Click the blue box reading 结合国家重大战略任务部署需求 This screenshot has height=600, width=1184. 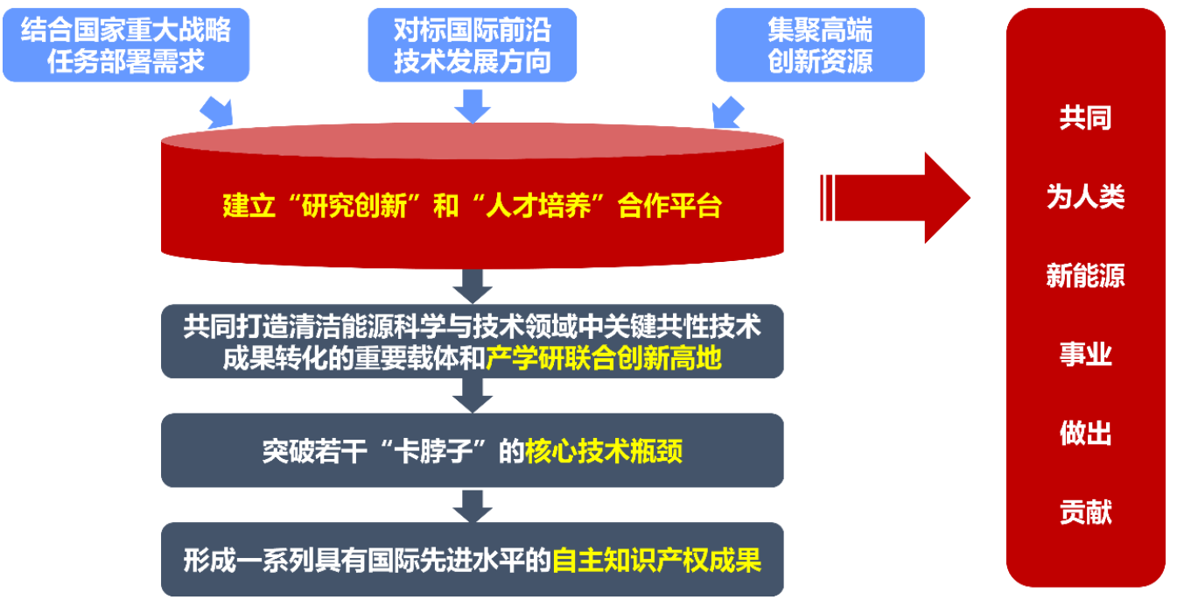(126, 45)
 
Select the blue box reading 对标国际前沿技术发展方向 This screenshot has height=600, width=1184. (472, 45)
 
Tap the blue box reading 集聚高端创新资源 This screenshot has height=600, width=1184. (820, 45)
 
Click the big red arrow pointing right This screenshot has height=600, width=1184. (895, 198)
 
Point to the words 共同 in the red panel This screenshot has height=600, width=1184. (1085, 117)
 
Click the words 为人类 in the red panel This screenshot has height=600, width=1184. (1085, 196)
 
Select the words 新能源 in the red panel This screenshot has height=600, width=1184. (1085, 275)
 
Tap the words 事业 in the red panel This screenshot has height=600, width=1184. (1085, 354)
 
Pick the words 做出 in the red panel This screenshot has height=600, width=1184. (1085, 433)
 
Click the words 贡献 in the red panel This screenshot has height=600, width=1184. (1085, 512)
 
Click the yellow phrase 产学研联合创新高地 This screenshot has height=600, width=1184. (604, 358)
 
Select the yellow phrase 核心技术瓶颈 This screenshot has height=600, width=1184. (604, 451)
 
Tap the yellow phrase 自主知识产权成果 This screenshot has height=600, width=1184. (656, 561)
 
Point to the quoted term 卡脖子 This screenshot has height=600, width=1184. (433, 451)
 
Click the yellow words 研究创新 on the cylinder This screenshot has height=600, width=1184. (354, 206)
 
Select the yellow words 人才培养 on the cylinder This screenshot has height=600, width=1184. (538, 206)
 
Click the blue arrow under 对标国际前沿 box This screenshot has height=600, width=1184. (473, 106)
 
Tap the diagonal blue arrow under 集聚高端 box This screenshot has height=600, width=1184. (727, 113)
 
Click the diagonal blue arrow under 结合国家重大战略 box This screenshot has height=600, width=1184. (217, 113)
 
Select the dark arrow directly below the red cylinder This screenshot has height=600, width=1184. (473, 286)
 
